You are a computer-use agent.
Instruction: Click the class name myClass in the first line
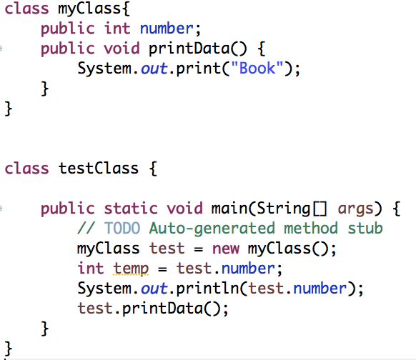pyautogui.click(x=89, y=9)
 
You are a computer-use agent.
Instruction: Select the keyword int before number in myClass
pyautogui.click(x=117, y=29)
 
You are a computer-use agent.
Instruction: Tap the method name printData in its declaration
pyautogui.click(x=189, y=49)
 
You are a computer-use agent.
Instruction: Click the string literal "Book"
pyautogui.click(x=257, y=68)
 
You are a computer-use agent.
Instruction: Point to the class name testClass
pyautogui.click(x=99, y=169)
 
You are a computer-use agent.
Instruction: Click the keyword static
pyautogui.click(x=131, y=208)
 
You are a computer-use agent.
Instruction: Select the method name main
pyautogui.click(x=229, y=208)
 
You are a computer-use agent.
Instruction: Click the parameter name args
pyautogui.click(x=356, y=209)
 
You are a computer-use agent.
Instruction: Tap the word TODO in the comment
pyautogui.click(x=122, y=228)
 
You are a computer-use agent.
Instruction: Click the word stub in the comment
pyautogui.click(x=365, y=228)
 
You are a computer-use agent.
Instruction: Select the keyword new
pyautogui.click(x=226, y=249)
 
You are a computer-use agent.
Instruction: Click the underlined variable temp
pyautogui.click(x=131, y=269)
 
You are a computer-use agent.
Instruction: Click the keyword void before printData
pyautogui.click(x=122, y=49)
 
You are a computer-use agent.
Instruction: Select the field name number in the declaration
pyautogui.click(x=167, y=29)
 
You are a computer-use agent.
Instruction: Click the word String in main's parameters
pyautogui.click(x=283, y=209)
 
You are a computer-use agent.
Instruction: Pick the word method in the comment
pyautogui.click(x=311, y=228)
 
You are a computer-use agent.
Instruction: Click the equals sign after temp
pyautogui.click(x=162, y=269)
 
